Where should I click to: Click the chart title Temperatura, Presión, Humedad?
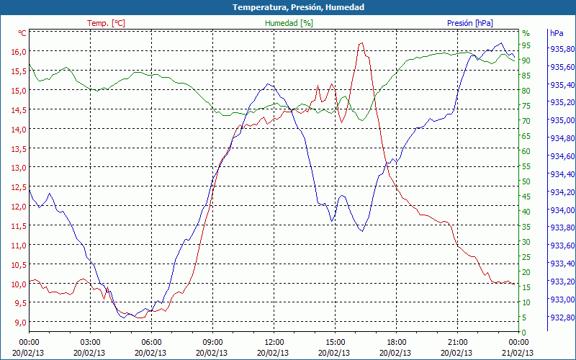[288, 7]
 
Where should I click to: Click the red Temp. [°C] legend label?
[106, 23]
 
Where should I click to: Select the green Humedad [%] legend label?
[289, 23]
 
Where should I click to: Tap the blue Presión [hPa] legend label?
[469, 23]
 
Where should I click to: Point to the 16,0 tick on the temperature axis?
[17, 52]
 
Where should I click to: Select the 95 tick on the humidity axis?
[526, 45]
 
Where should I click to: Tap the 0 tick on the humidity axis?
[523, 332]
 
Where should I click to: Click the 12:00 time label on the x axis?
[274, 342]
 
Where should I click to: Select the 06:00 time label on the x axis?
[151, 342]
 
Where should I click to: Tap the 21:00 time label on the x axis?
[458, 342]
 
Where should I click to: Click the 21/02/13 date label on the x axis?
[518, 353]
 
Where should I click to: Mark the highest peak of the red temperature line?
[361, 43]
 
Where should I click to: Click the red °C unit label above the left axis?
[22, 33]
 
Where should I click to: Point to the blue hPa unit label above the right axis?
[556, 33]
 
